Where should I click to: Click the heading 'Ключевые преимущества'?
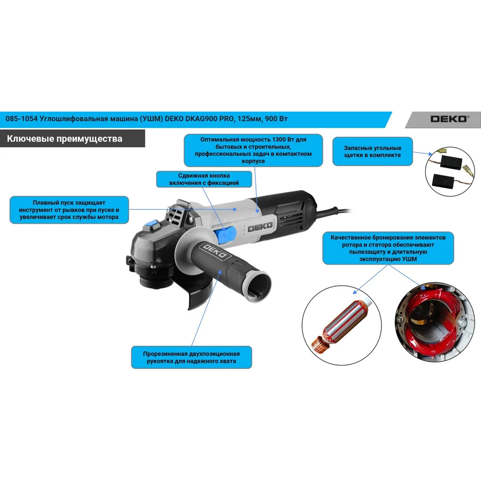pos(64,139)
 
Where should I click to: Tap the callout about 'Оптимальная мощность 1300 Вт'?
pos(253,150)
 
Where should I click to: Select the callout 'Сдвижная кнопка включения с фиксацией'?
pos(204,179)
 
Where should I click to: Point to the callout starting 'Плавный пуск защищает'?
pos(69,210)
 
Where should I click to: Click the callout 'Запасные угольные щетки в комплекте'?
pos(372,152)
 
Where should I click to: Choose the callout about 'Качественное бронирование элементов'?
pos(388,248)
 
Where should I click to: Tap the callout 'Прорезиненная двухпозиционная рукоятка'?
pos(191,357)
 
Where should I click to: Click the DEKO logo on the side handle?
pos(215,252)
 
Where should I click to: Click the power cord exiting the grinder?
pos(334,211)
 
